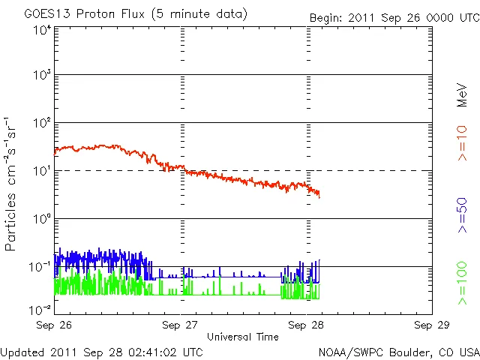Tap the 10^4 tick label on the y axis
coord(41,30)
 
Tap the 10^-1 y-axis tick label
coord(40,268)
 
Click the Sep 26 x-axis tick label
coord(54,325)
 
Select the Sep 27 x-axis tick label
coord(180,325)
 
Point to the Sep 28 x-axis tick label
coord(306,325)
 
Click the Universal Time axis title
coord(242,337)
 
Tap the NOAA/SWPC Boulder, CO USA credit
coord(398,351)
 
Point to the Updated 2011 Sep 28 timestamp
coord(101,351)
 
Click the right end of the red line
coord(319,196)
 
